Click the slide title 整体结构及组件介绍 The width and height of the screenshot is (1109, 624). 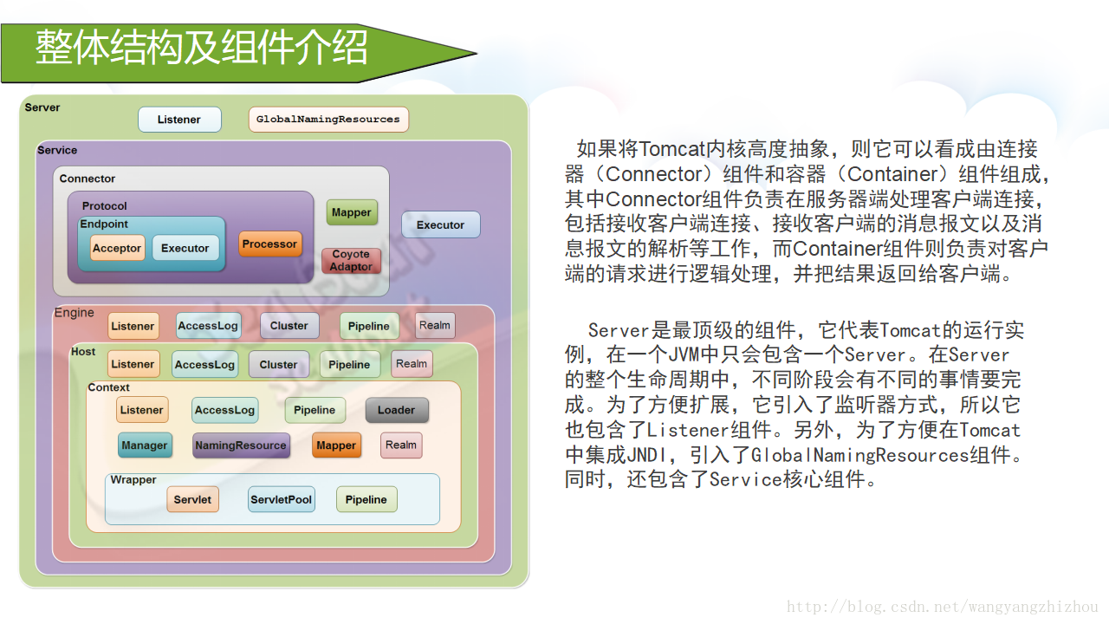[x=201, y=49]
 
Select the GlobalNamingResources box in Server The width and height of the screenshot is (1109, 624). [x=328, y=120]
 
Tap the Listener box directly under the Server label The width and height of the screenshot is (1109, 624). [x=179, y=120]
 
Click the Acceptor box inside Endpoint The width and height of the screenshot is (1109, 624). [x=117, y=248]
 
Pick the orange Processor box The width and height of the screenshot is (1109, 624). [x=269, y=244]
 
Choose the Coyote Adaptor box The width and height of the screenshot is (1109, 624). [x=351, y=261]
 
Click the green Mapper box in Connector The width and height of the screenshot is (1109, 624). [x=352, y=212]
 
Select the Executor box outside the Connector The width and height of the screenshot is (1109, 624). [x=440, y=224]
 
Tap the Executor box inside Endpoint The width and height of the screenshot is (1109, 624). [x=185, y=248]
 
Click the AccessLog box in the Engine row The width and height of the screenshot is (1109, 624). [x=208, y=326]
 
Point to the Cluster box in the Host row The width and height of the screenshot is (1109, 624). [x=278, y=365]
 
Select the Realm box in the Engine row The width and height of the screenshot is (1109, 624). [x=435, y=326]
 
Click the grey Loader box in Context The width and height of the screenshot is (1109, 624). [x=396, y=410]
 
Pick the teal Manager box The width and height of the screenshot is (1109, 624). [x=145, y=445]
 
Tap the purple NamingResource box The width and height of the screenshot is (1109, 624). [x=241, y=445]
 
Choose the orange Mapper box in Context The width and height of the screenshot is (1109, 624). [x=336, y=445]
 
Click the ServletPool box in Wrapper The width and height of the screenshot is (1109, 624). [x=281, y=499]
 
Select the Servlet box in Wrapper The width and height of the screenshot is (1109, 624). [x=192, y=499]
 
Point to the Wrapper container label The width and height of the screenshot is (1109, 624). [x=133, y=479]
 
